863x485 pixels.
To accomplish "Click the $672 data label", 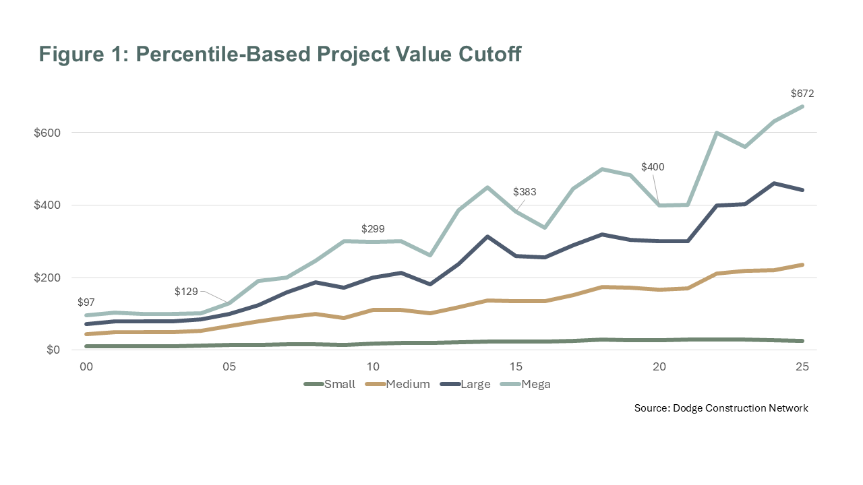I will [802, 94].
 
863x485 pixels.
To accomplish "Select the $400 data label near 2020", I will [653, 166].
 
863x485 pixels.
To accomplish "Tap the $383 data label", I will [525, 192].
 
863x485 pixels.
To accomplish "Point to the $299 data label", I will [373, 228].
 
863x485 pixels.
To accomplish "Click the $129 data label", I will [186, 291].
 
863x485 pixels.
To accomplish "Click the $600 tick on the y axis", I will [47, 133].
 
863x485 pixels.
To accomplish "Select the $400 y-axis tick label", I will [47, 205].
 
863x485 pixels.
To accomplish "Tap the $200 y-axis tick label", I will [47, 278].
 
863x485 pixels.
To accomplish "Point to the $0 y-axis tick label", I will [53, 350].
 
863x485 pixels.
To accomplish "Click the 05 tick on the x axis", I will [229, 367].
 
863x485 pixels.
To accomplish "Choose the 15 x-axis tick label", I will [516, 367].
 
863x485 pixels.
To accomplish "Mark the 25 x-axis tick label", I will [802, 367].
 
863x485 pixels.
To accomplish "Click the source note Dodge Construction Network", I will [741, 408].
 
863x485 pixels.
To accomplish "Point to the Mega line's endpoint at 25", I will [802, 106].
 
